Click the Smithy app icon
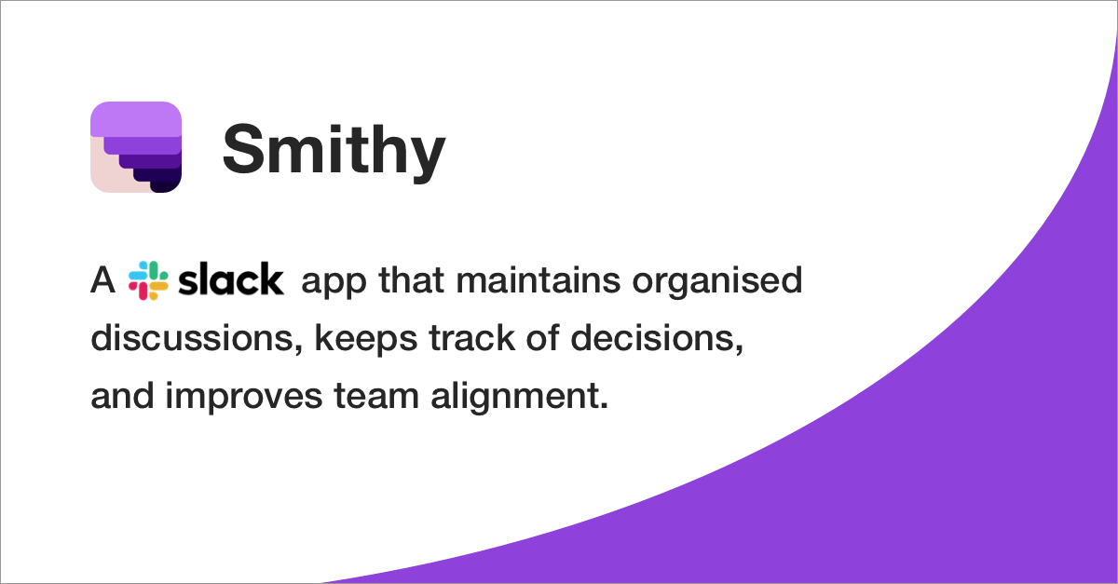coord(136,147)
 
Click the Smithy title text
coord(334,150)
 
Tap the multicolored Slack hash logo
coord(148,280)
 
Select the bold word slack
coord(231,279)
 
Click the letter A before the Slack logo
coord(102,280)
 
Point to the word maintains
coord(539,280)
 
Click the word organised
coord(717,283)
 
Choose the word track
coord(472,338)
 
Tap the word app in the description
coord(334,283)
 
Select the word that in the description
coord(411,280)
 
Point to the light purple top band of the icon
coord(136,119)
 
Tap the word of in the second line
coord(543,338)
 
